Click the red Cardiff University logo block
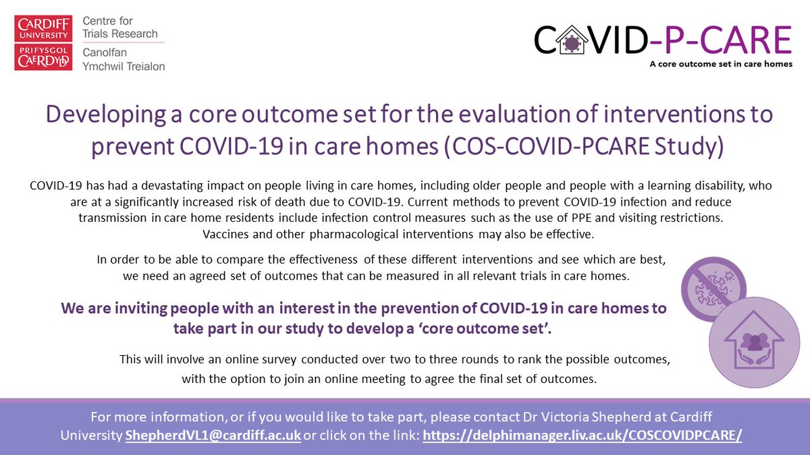[42, 28]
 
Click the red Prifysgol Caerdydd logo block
[42, 55]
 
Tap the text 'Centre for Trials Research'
[120, 27]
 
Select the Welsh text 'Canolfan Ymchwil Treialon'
[123, 59]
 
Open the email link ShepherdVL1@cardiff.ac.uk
[213, 435]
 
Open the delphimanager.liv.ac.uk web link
[583, 435]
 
